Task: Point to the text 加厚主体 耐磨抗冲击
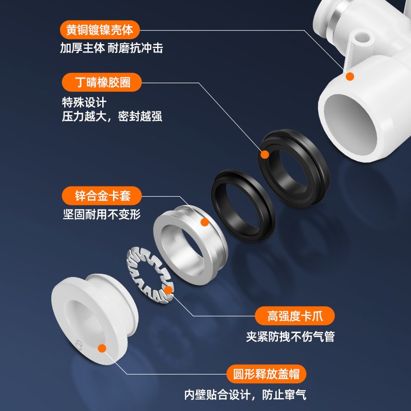click(x=111, y=48)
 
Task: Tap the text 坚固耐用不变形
click(x=101, y=214)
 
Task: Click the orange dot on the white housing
click(x=350, y=77)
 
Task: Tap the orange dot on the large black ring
click(x=265, y=154)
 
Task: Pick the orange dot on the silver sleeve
click(x=204, y=222)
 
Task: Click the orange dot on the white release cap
click(x=102, y=348)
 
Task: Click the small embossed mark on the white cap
click(x=78, y=343)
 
